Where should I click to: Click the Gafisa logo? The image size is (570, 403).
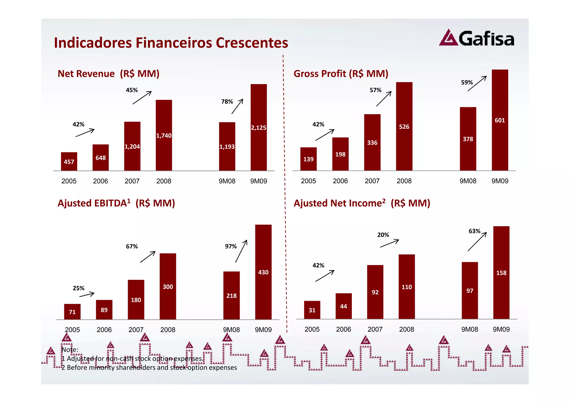[476, 38]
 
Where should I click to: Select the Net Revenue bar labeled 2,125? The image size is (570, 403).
[259, 127]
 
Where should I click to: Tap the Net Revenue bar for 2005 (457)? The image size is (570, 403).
[69, 162]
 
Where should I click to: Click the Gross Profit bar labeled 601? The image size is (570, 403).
[500, 120]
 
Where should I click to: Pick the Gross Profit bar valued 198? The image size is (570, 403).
[340, 154]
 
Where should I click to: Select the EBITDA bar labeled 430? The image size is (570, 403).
[263, 272]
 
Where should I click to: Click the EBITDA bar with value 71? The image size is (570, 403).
[72, 312]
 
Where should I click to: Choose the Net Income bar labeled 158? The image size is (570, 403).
[501, 273]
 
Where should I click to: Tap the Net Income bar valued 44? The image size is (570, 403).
[343, 306]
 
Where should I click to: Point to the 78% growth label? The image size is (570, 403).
[227, 102]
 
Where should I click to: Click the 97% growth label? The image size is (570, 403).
[231, 246]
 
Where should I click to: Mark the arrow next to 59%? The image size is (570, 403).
[477, 83]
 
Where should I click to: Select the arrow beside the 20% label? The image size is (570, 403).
[390, 243]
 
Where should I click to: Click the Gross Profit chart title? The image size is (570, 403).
[341, 74]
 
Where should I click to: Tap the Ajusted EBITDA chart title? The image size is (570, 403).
[116, 203]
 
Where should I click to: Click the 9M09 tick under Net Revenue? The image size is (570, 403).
[259, 181]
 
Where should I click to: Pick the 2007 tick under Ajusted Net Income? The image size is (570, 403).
[375, 329]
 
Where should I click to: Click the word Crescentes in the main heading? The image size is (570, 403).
[252, 43]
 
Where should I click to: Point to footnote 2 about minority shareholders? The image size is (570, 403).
[149, 368]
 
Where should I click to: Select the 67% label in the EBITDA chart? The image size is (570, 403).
[132, 246]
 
